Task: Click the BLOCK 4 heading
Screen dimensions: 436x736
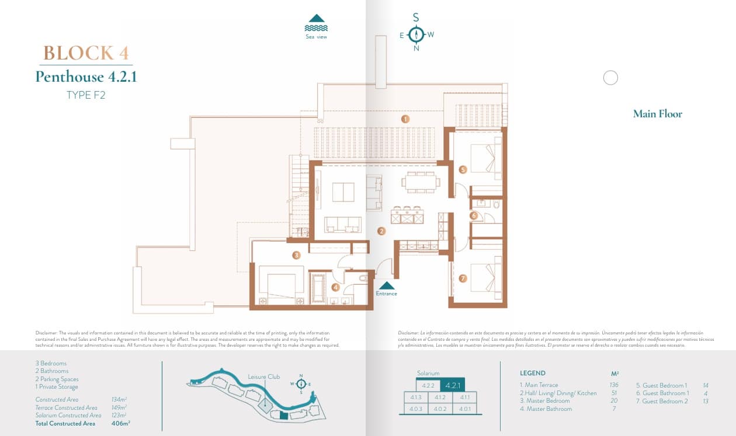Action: click(86, 53)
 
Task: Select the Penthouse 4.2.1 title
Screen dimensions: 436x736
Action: click(86, 76)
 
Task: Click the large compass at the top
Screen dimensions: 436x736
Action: click(416, 34)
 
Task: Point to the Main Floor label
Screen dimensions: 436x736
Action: click(657, 114)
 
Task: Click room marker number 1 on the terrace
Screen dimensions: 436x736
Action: click(404, 119)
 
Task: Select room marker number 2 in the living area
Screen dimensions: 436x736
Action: click(381, 231)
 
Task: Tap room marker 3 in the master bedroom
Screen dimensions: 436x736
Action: click(297, 255)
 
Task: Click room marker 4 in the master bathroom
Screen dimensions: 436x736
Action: click(335, 287)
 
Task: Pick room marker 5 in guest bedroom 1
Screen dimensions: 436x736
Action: click(463, 170)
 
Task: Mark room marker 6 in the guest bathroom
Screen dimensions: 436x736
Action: click(474, 215)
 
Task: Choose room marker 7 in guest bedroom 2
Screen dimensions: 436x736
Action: click(463, 278)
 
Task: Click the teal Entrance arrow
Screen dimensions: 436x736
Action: click(386, 285)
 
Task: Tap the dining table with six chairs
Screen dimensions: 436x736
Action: click(421, 182)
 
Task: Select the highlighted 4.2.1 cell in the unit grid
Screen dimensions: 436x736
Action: click(453, 385)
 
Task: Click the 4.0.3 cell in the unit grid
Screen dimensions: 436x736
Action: click(416, 409)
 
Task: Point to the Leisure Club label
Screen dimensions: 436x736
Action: click(263, 376)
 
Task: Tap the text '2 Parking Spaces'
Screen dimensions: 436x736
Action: click(57, 379)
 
